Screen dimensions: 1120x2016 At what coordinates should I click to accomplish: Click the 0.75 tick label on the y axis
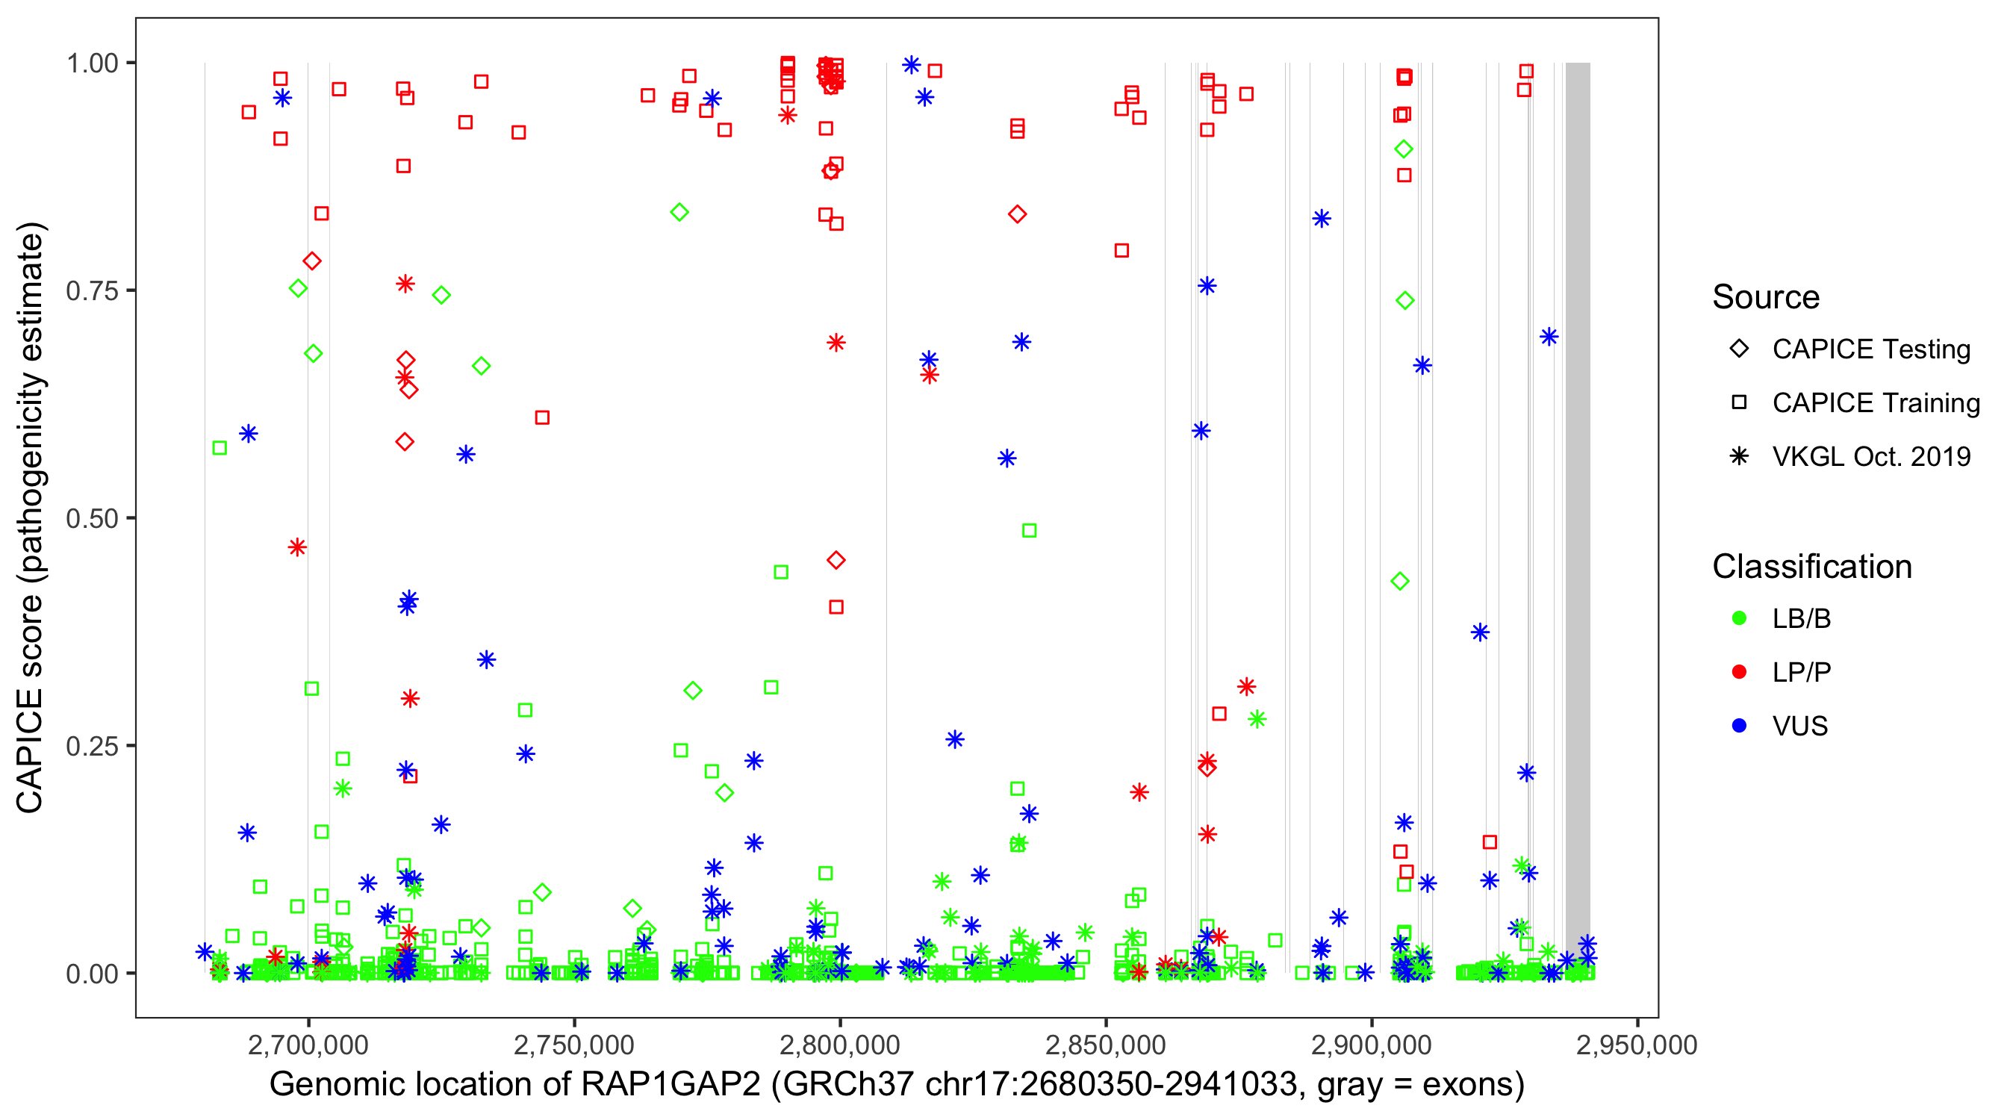coord(91,290)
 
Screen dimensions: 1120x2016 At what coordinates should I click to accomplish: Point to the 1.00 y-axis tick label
coord(91,63)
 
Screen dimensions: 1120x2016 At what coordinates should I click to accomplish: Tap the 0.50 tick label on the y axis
coord(91,518)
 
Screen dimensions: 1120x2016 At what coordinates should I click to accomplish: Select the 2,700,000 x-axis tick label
coord(308,1045)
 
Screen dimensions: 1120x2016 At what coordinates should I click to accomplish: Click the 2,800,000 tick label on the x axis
coord(840,1045)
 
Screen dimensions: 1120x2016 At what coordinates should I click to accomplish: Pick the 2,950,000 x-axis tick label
coord(1637,1045)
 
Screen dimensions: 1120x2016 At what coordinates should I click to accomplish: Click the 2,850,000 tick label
coord(1106,1045)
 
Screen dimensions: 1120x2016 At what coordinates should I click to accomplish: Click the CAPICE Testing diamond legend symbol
coord(1739,348)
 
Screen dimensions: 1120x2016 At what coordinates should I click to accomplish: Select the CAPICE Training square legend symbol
coord(1739,402)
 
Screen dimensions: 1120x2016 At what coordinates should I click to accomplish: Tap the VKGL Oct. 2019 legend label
coord(1871,456)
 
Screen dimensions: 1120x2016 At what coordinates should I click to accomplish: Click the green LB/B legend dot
coord(1739,618)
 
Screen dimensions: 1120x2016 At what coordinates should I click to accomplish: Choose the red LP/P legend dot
coord(1739,672)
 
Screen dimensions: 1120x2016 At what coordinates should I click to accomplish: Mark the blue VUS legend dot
coord(1739,726)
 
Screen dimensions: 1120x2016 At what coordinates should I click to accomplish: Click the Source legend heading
coord(1766,297)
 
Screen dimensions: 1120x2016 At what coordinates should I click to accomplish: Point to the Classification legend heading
coord(1811,567)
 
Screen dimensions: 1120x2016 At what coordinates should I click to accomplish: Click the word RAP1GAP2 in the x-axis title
coord(670,1085)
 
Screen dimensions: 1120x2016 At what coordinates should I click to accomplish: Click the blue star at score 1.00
coord(911,65)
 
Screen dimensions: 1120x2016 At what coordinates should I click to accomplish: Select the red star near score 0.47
coord(296,547)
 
